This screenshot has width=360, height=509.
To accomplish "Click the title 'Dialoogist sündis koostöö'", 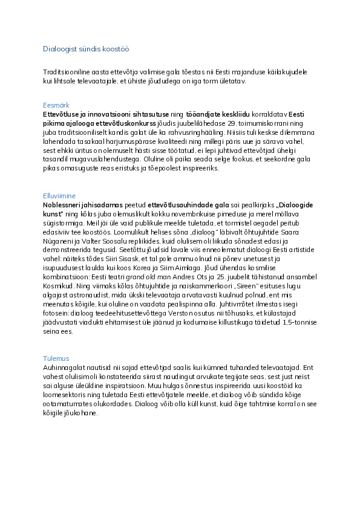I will click(x=85, y=49).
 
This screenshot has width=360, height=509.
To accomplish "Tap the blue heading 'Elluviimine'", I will click(x=59, y=196).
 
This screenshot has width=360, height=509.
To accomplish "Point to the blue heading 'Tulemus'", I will click(x=56, y=358).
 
